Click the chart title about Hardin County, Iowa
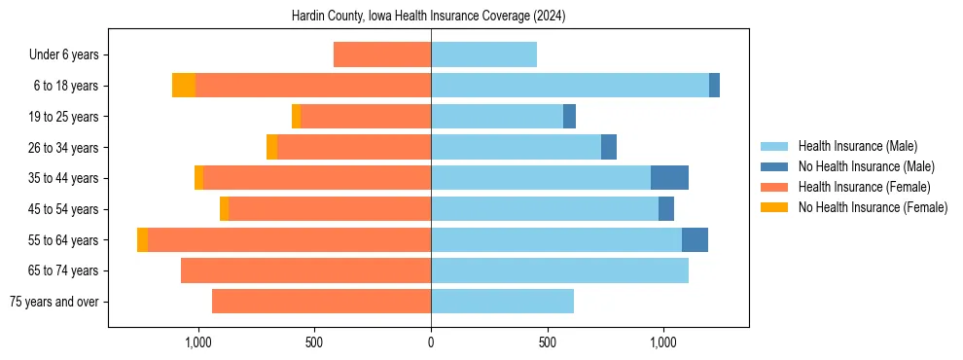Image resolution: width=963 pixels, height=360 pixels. click(x=428, y=17)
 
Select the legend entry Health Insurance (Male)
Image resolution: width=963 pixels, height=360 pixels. click(x=857, y=146)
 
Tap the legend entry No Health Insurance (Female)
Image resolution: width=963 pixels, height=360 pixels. click(x=873, y=207)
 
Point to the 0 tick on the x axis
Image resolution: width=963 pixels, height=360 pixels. click(x=431, y=342)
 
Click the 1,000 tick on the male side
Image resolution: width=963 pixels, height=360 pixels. click(x=663, y=342)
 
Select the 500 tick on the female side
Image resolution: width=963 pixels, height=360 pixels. click(x=314, y=342)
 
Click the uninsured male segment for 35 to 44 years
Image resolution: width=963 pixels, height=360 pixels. click(x=669, y=178)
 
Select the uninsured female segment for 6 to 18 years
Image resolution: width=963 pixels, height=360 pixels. click(x=184, y=86)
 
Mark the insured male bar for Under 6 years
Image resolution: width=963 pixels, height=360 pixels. click(x=483, y=55)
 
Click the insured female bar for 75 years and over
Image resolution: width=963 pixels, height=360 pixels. click(x=321, y=302)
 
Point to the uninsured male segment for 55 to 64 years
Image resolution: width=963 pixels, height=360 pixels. click(x=695, y=239)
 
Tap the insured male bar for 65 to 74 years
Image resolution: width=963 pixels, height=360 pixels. click(x=559, y=270)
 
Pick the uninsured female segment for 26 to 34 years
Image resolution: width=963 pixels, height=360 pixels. click(x=271, y=147)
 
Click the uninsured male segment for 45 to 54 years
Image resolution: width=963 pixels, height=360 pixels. click(x=666, y=209)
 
